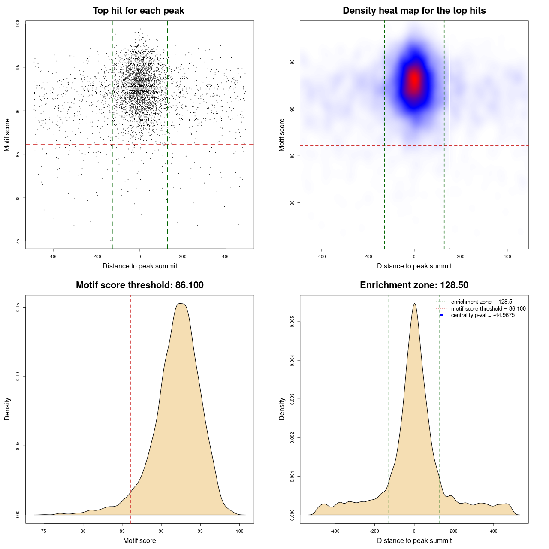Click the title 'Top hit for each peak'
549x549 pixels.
pyautogui.click(x=139, y=11)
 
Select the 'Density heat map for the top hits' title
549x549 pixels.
pyautogui.click(x=414, y=11)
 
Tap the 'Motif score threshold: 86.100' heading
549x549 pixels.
pyautogui.click(x=139, y=285)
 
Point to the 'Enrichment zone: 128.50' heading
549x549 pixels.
pyautogui.click(x=414, y=285)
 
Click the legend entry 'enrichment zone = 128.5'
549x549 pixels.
pyautogui.click(x=481, y=302)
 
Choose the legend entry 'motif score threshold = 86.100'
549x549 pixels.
pyautogui.click(x=488, y=309)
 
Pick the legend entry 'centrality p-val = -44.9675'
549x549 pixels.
pyautogui.click(x=483, y=315)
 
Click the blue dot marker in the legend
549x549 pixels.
pyautogui.click(x=441, y=315)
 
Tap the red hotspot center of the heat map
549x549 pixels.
pyautogui.click(x=414, y=79)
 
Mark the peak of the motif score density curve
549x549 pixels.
pyautogui.click(x=181, y=304)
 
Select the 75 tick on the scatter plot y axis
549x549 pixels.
pyautogui.click(x=18, y=241)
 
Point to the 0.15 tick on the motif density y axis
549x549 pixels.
pyautogui.click(x=18, y=308)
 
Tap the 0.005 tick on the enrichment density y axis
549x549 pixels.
pyautogui.click(x=292, y=322)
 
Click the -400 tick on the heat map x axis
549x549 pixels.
pyautogui.click(x=321, y=256)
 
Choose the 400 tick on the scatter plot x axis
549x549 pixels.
pyautogui.click(x=226, y=256)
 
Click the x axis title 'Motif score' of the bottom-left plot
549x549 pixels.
pyautogui.click(x=139, y=541)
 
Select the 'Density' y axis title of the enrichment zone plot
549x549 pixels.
pyautogui.click(x=282, y=409)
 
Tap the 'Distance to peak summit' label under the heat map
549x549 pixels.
pyautogui.click(x=414, y=266)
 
